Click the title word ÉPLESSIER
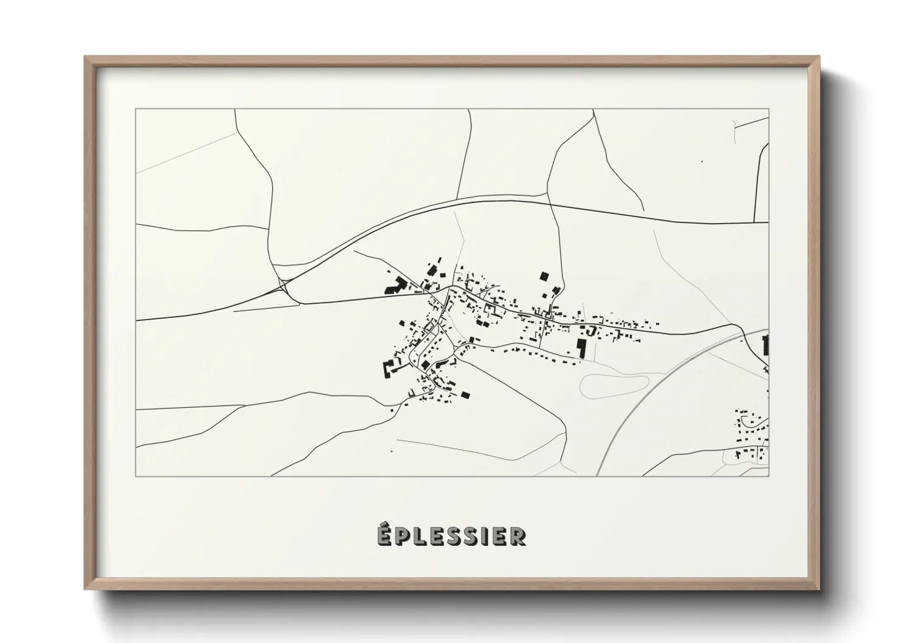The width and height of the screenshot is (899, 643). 450,536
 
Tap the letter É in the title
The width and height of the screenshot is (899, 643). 383,535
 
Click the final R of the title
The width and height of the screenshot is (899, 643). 518,537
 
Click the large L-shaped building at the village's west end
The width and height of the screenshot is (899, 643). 395,285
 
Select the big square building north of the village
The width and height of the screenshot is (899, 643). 544,277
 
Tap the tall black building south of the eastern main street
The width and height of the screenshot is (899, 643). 581,348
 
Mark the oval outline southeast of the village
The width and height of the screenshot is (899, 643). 614,385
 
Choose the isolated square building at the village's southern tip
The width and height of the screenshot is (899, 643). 466,394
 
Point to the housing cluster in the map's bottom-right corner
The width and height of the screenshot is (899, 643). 751,435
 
